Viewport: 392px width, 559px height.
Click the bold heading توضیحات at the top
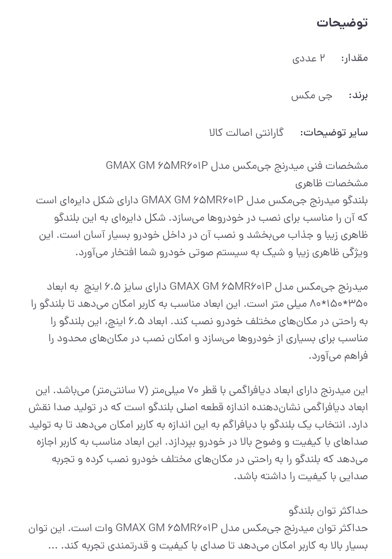coord(342,23)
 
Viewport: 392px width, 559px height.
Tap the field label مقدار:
coord(354,58)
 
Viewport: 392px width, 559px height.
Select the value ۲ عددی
coord(309,58)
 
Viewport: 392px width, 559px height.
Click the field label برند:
coord(358,96)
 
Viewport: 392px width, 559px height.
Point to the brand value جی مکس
coord(311,96)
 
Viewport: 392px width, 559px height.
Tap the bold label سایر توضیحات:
coord(334,132)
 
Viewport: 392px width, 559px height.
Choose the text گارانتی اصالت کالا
coord(246,132)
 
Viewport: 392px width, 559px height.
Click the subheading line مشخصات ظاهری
coord(331,183)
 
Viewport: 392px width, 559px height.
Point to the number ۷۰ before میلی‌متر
coord(192,390)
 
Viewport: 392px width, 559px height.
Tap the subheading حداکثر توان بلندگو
coord(328,511)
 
